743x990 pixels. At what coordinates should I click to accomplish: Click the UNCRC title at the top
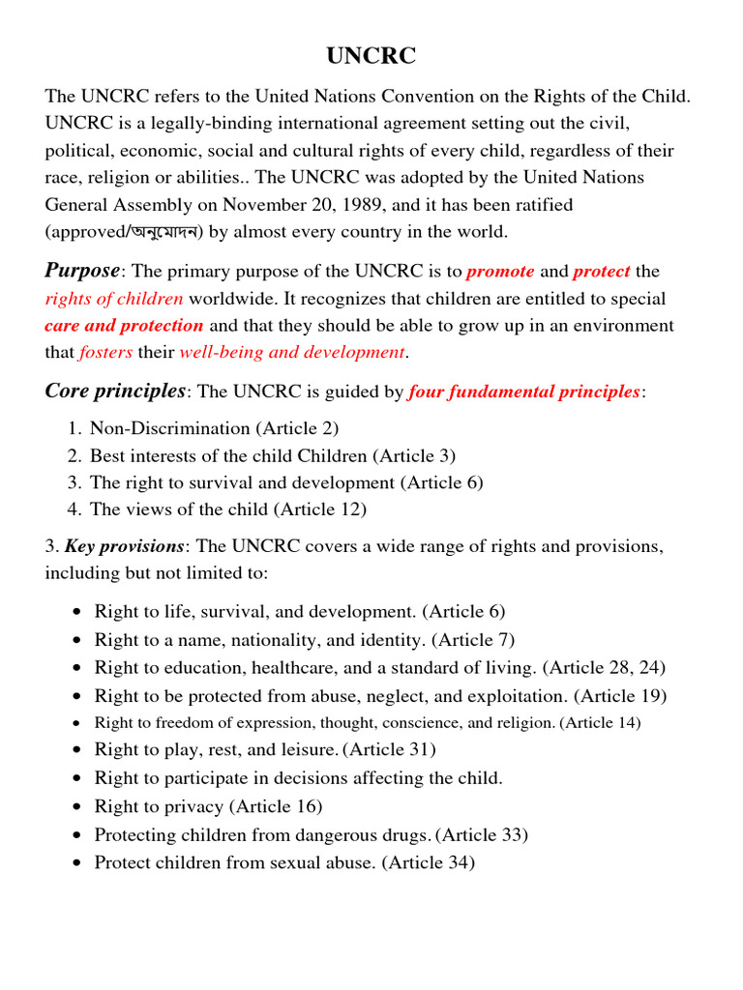point(371,57)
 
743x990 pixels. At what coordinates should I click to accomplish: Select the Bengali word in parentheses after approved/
point(156,232)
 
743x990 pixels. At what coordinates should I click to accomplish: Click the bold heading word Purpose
point(82,271)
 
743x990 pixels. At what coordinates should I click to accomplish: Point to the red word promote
point(500,272)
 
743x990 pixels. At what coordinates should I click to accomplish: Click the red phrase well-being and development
point(292,352)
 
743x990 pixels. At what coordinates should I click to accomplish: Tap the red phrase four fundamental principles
point(523,392)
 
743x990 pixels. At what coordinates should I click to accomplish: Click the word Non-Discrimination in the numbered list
point(157,427)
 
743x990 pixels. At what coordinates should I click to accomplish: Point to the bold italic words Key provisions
point(123,547)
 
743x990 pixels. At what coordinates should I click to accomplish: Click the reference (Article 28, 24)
point(604,667)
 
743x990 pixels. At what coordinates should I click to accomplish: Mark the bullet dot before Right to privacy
point(76,806)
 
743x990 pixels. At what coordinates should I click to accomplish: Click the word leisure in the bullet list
point(311,749)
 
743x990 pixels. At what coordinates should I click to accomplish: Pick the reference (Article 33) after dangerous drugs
point(482,834)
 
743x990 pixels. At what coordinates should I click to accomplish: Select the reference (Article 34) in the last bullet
point(429,862)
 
